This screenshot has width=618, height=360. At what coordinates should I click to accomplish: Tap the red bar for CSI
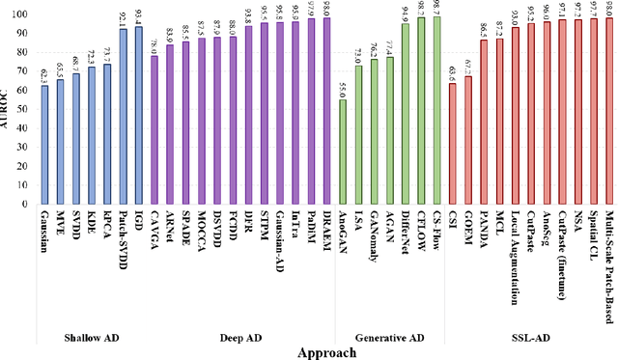tap(452, 144)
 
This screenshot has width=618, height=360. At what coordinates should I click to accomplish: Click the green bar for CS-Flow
tap(435, 110)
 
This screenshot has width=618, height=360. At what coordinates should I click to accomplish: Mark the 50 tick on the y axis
tap(26, 109)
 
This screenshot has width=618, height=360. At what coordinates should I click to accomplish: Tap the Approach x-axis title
tap(325, 352)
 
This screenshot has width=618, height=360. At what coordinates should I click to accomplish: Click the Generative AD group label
tap(388, 336)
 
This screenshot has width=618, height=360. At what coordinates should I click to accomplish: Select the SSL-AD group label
tap(530, 336)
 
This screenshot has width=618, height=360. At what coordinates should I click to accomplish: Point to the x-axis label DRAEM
tap(326, 229)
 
